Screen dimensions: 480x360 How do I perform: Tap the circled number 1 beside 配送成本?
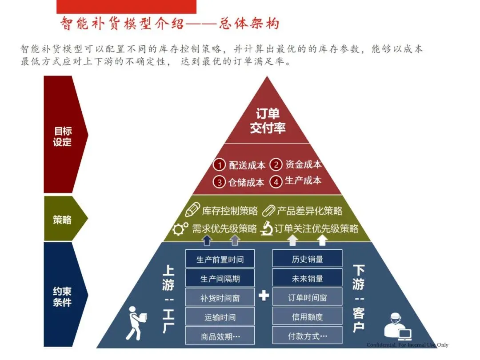tap(219, 165)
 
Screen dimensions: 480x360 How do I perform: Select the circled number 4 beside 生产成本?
tap(276, 181)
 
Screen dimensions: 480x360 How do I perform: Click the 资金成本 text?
tap(303, 164)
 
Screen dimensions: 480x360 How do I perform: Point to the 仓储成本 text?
tap(246, 182)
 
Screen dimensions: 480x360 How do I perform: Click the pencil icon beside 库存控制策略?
tap(192, 210)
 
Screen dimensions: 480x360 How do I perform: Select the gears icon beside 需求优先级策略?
tap(180, 229)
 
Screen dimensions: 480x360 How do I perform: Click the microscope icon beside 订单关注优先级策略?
tap(266, 228)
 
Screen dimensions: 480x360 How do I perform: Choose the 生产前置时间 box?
tap(220, 259)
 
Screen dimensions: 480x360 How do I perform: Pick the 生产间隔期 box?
tap(220, 278)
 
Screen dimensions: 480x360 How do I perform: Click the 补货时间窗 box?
tap(220, 298)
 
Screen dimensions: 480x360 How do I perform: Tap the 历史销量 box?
tap(307, 259)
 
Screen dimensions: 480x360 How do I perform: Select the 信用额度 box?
tap(307, 317)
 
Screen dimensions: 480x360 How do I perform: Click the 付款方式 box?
tap(307, 336)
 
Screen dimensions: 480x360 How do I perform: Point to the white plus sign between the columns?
tap(264, 296)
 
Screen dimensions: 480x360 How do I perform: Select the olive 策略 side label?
tap(62, 219)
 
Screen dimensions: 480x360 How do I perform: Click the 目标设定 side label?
tap(62, 137)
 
